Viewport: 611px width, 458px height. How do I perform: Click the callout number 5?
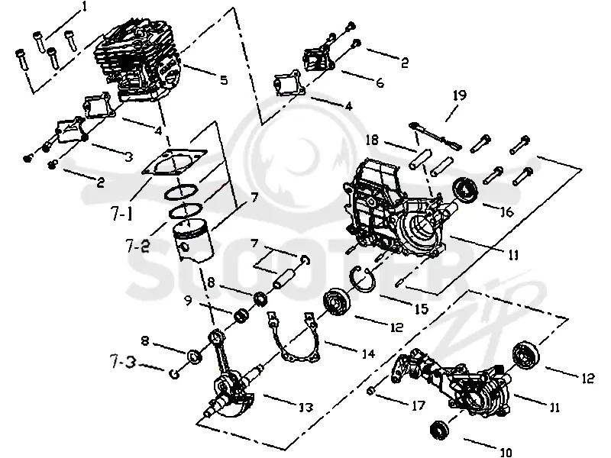pos(224,80)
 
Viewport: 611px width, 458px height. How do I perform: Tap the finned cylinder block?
pos(138,63)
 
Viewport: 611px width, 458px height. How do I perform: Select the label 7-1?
pos(121,213)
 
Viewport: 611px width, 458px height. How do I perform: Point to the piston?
pos(193,241)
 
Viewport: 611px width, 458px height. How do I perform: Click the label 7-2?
pos(137,245)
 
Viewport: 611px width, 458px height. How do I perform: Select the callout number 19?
pos(460,95)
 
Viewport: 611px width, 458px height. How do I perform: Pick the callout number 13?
pos(305,407)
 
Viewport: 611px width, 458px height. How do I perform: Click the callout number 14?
pos(368,353)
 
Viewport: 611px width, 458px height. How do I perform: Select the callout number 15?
pos(422,309)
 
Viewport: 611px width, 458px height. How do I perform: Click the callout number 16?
pos(506,212)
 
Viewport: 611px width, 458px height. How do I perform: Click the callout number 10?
pos(506,452)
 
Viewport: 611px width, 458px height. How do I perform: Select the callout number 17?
pos(418,405)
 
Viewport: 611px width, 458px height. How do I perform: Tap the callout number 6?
pos(380,82)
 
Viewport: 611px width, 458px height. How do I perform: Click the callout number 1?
pos(85,7)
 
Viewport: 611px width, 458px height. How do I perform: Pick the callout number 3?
pos(128,156)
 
